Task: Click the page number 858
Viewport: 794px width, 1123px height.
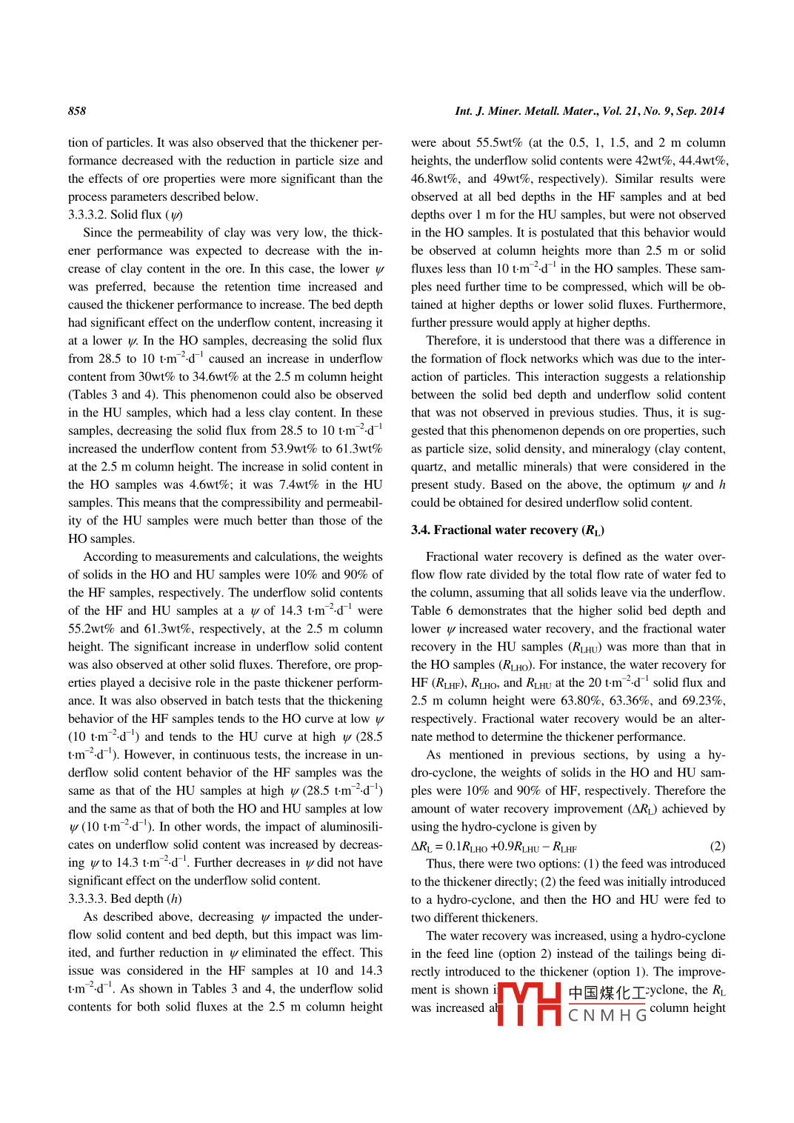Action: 77,111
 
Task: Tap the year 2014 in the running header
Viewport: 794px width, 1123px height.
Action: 712,111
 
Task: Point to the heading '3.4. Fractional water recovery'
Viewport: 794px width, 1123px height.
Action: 507,530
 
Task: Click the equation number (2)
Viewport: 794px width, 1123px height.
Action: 717,846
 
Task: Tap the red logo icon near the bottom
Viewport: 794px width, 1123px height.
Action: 529,1004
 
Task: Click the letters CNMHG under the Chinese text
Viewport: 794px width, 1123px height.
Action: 607,1016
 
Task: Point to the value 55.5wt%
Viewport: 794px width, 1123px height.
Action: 499,143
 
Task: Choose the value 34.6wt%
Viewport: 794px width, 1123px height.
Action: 216,377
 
